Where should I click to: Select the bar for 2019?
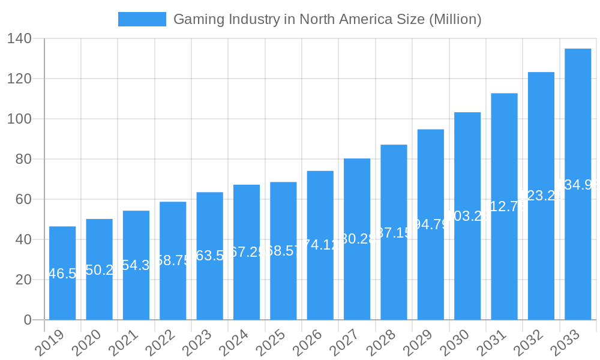(x=62, y=273)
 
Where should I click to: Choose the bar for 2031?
(x=504, y=206)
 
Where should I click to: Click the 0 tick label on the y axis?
(x=28, y=320)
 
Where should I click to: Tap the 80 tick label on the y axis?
(x=23, y=160)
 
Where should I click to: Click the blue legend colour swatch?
(x=142, y=19)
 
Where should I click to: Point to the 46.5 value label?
(x=62, y=274)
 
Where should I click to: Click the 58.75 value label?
(x=173, y=260)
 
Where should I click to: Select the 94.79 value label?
(x=431, y=225)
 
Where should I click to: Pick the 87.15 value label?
(x=394, y=233)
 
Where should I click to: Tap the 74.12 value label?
(x=320, y=245)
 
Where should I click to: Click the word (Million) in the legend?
(x=455, y=19)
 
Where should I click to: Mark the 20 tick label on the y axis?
(x=23, y=280)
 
